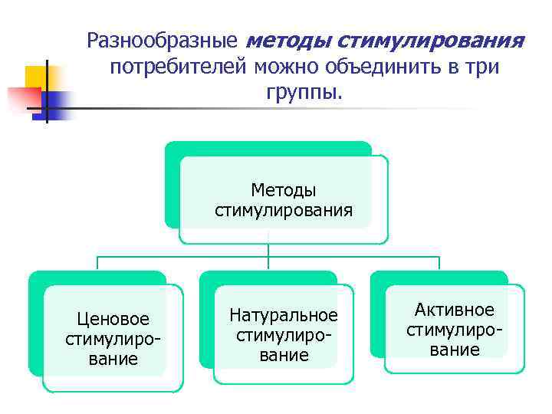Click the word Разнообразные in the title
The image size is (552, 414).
click(x=163, y=39)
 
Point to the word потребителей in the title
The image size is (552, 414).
click(x=176, y=67)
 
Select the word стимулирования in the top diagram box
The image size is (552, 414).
click(x=283, y=209)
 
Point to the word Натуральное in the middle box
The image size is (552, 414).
click(x=283, y=315)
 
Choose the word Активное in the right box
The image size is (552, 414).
click(x=454, y=310)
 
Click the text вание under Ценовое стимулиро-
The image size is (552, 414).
click(x=113, y=358)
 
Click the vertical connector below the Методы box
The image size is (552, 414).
click(x=268, y=249)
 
